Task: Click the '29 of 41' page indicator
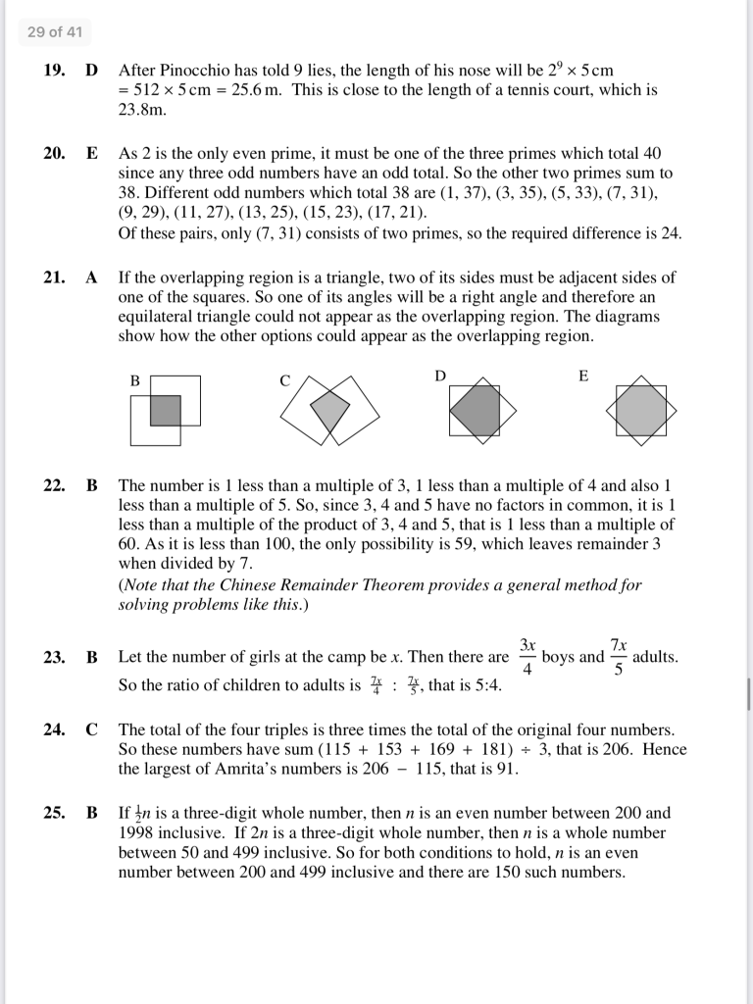tap(55, 32)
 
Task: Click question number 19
tap(54, 71)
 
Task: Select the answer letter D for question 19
tap(92, 71)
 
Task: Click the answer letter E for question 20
tap(92, 153)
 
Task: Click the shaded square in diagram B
tap(166, 410)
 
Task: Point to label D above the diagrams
tap(440, 376)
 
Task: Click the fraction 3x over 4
tap(527, 657)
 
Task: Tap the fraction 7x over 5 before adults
tap(619, 657)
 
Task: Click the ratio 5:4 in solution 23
tap(483, 685)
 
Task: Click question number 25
tap(54, 813)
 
